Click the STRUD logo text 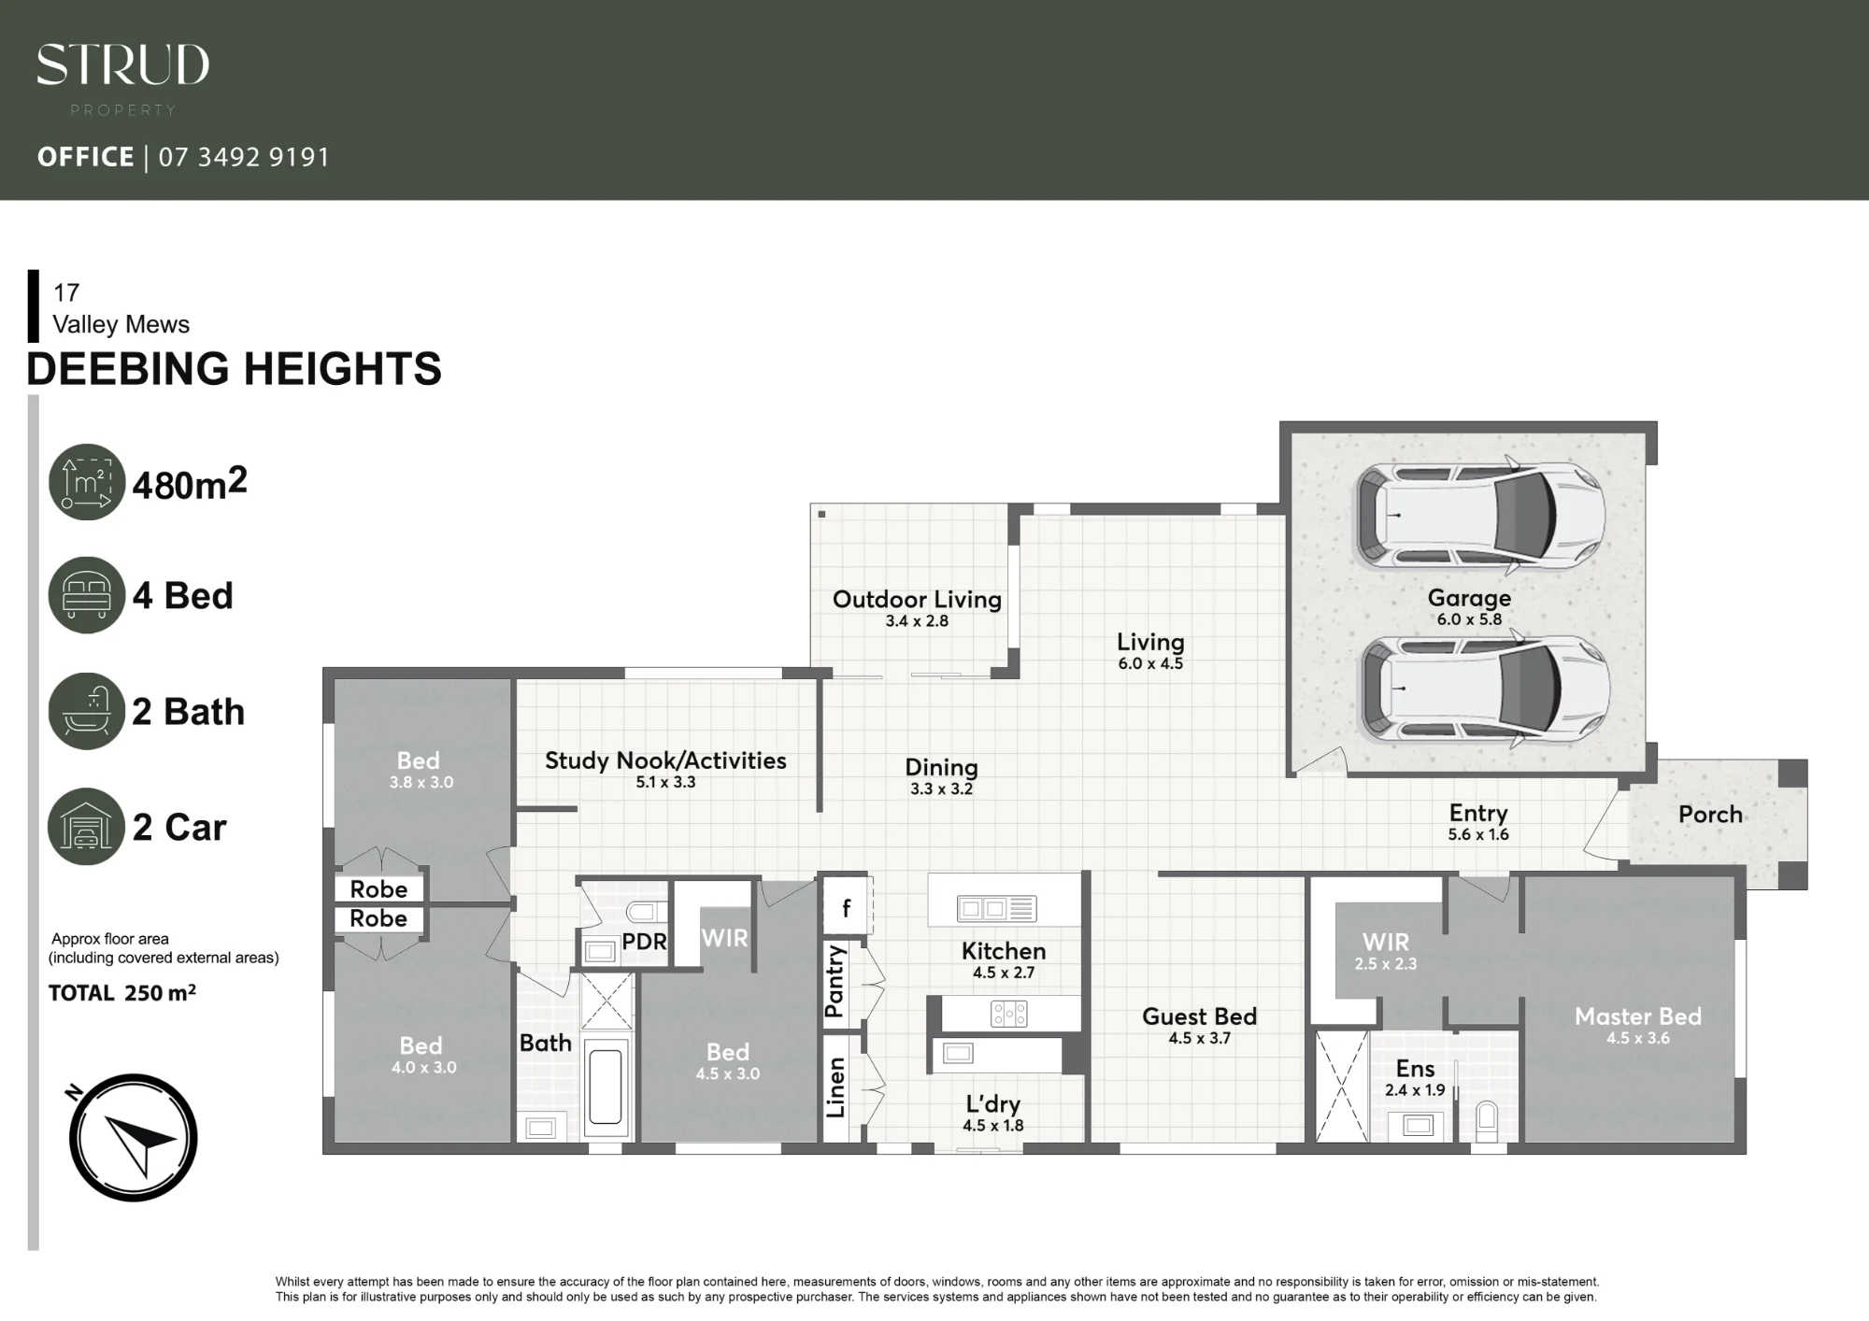coord(122,65)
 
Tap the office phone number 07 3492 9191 coord(244,157)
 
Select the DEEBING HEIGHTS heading coord(234,368)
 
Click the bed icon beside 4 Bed coord(86,595)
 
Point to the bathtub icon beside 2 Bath coord(86,711)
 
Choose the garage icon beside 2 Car coord(86,827)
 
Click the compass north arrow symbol coord(133,1137)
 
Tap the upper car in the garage coord(1480,516)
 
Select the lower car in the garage coord(1486,688)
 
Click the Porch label coord(1710,815)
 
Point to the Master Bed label coord(1638,1016)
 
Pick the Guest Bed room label coord(1199,1016)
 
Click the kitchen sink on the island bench coord(996,908)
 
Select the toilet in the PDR coord(646,913)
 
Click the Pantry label coord(835,981)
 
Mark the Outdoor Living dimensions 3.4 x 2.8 coord(917,621)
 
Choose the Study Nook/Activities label coord(665,760)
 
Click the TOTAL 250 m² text coord(122,993)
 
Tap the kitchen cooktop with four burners coord(1009,1014)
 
